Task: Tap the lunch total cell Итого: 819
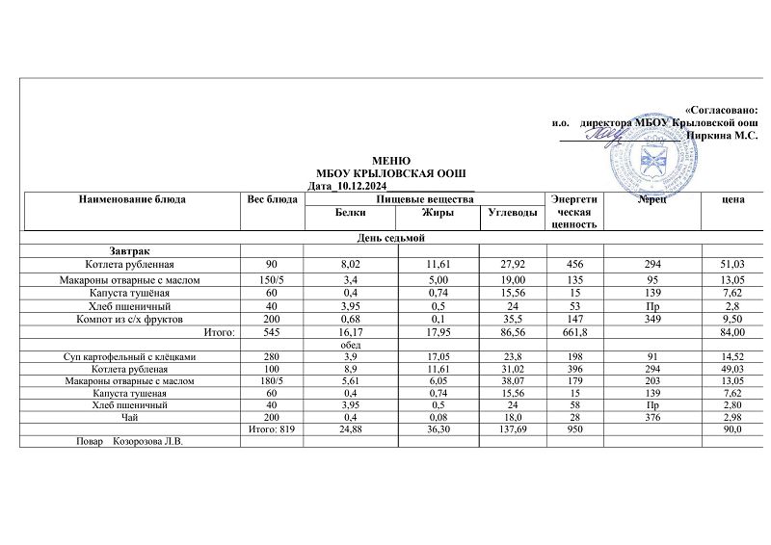pos(271,429)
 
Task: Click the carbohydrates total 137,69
pos(509,429)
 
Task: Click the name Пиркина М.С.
pos(720,136)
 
